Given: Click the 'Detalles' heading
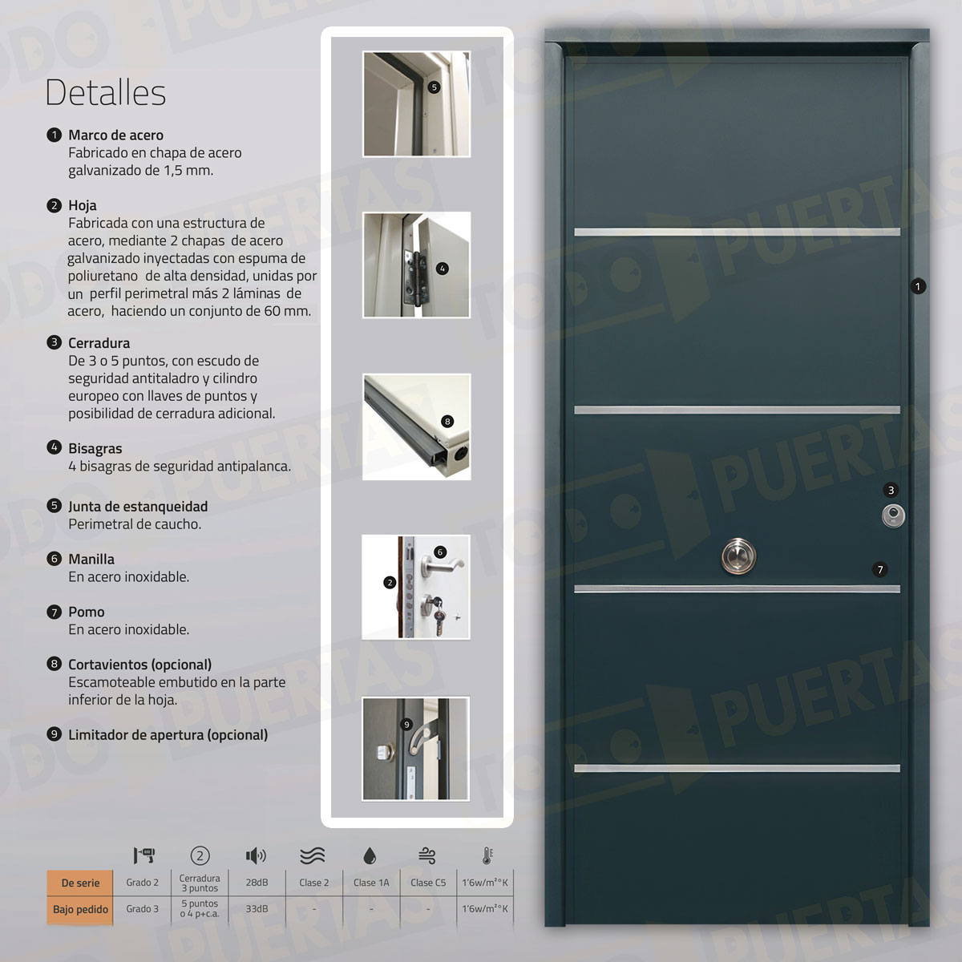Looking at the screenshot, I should point(105,92).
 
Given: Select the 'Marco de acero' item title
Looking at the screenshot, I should point(115,135).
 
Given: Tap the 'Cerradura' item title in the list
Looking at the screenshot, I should point(99,343).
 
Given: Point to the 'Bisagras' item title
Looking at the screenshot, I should point(95,449).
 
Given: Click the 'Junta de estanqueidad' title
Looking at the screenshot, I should point(137,507).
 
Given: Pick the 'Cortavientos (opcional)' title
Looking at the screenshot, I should point(139,665).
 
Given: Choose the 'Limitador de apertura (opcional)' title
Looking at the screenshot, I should point(168,735).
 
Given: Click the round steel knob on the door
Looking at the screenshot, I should point(738,556).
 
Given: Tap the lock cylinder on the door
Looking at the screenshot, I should point(892,515).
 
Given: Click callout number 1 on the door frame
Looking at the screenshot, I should point(918,286).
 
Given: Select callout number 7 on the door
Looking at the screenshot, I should point(880,570).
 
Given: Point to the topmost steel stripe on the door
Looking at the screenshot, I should point(737,232).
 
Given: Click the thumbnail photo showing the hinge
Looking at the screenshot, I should point(416,265).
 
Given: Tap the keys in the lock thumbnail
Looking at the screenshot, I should point(438,613).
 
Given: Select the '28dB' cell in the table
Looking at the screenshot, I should point(257,883).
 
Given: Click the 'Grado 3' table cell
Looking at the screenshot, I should point(142,909).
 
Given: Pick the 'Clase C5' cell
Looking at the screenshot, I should point(428,883).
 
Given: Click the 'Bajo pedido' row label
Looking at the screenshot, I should point(80,910).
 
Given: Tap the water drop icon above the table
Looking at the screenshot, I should point(370,856).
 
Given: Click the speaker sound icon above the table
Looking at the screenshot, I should point(256,856).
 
